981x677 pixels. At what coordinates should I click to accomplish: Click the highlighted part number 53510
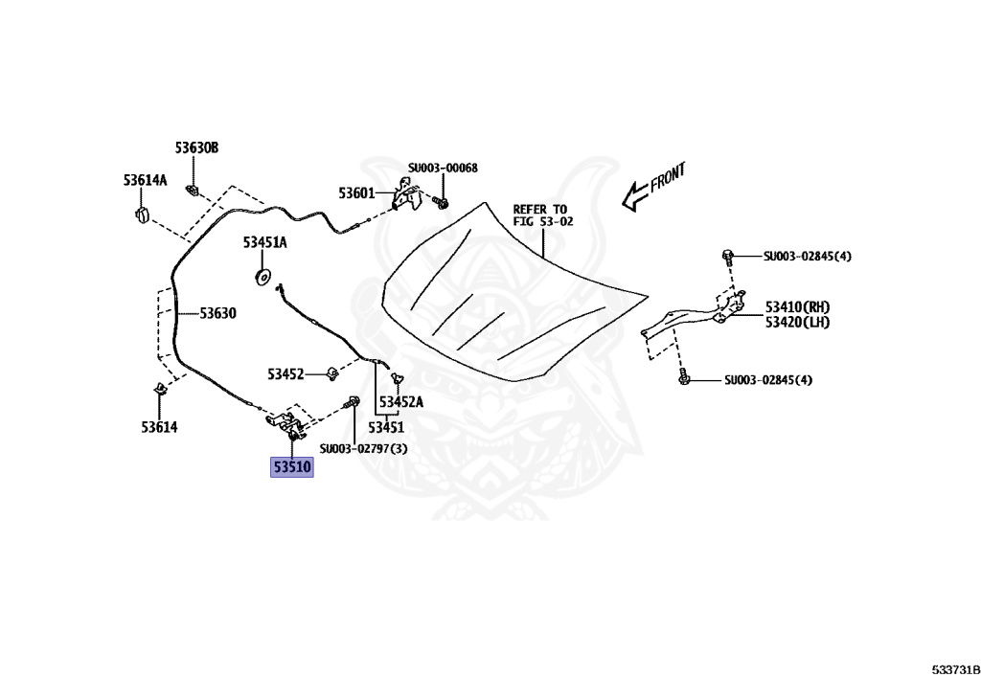coord(291,467)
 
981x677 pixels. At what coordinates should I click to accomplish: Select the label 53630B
coord(196,148)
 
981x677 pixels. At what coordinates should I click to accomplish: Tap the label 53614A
coord(145,180)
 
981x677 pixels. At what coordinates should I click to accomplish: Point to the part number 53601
coord(356,193)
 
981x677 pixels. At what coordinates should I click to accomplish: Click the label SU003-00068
coord(443,169)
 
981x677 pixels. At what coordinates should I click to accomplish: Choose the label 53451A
coord(264,243)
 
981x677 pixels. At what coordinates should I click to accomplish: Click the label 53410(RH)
coord(797,307)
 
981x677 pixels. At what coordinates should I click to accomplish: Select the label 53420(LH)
coord(797,322)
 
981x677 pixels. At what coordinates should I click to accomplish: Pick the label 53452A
coord(400,403)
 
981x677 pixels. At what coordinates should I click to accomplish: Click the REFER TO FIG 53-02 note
coord(540,214)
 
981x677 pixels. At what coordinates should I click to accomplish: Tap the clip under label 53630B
coord(194,188)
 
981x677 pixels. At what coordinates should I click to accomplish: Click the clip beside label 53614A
coord(141,212)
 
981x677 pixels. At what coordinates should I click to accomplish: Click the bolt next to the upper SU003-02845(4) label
coord(728,256)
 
